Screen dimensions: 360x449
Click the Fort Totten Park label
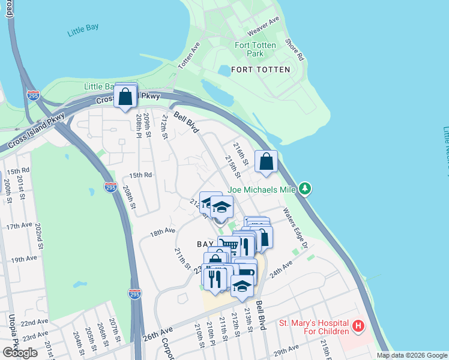255,49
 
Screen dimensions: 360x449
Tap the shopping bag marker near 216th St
266,162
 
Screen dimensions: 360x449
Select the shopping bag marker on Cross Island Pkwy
125,96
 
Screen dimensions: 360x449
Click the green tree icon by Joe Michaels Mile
306,190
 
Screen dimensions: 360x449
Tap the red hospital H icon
358,326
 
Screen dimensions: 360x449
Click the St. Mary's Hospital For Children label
314,327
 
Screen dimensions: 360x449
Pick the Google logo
20,353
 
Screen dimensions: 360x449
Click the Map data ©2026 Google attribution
411,355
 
